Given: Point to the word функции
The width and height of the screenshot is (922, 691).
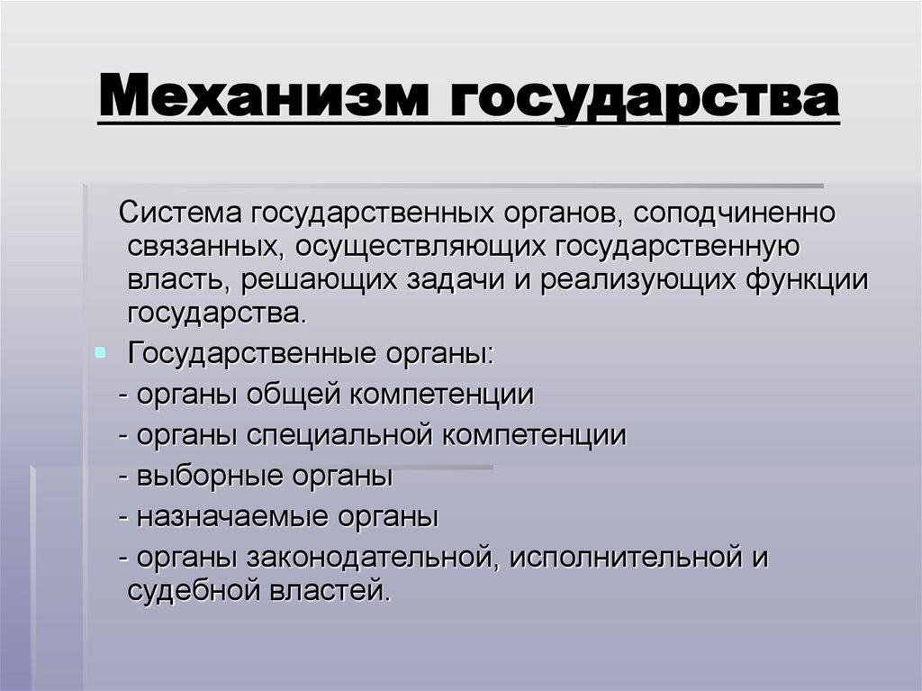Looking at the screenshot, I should (x=807, y=280).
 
